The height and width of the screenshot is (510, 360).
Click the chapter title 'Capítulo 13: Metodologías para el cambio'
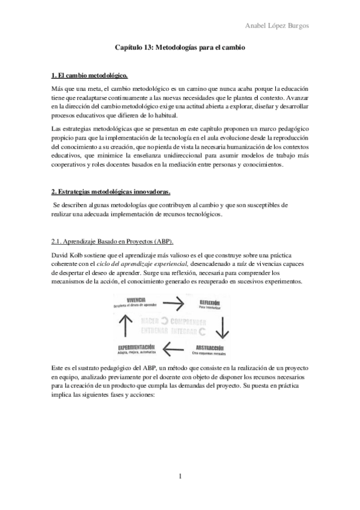(180, 46)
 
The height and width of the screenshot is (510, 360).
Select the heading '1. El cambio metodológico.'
(89, 76)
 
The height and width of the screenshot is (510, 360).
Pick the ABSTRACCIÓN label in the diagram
(211, 348)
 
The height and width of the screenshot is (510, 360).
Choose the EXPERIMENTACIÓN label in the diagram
(136, 348)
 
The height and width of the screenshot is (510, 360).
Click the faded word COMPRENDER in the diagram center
(191, 321)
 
